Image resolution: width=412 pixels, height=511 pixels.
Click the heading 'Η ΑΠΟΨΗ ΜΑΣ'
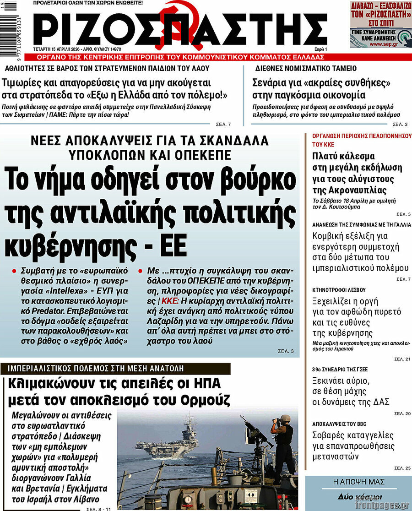tap(358, 482)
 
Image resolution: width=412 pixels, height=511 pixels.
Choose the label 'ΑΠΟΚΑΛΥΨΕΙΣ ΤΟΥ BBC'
tap(339, 424)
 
